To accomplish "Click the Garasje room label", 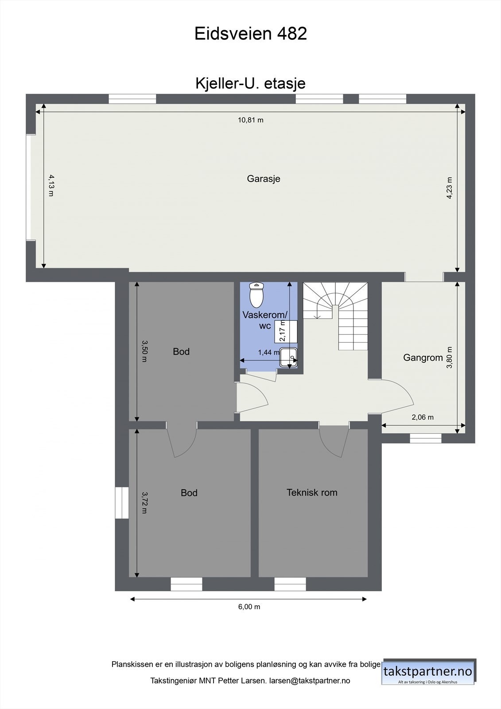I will point(264,179).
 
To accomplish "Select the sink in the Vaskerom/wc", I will point(289,357).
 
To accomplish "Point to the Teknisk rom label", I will point(312,492).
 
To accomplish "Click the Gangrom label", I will point(423,358).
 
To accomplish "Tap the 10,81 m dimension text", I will point(251,120).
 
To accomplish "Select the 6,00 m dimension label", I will point(249,607).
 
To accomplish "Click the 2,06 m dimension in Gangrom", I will point(423,417).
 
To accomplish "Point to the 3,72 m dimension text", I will point(144,502).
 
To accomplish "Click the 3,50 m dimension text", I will point(144,351).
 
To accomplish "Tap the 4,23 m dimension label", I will point(450,188).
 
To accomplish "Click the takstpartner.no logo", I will point(428,672).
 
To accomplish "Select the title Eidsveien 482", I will point(251,34).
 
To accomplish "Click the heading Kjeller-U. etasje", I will point(251,83).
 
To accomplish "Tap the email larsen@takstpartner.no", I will point(310,681).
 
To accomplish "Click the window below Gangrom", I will point(425,438).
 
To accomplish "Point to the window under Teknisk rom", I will point(290,584).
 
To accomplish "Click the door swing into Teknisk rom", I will point(334,440).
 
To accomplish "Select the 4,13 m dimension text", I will point(51,185).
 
